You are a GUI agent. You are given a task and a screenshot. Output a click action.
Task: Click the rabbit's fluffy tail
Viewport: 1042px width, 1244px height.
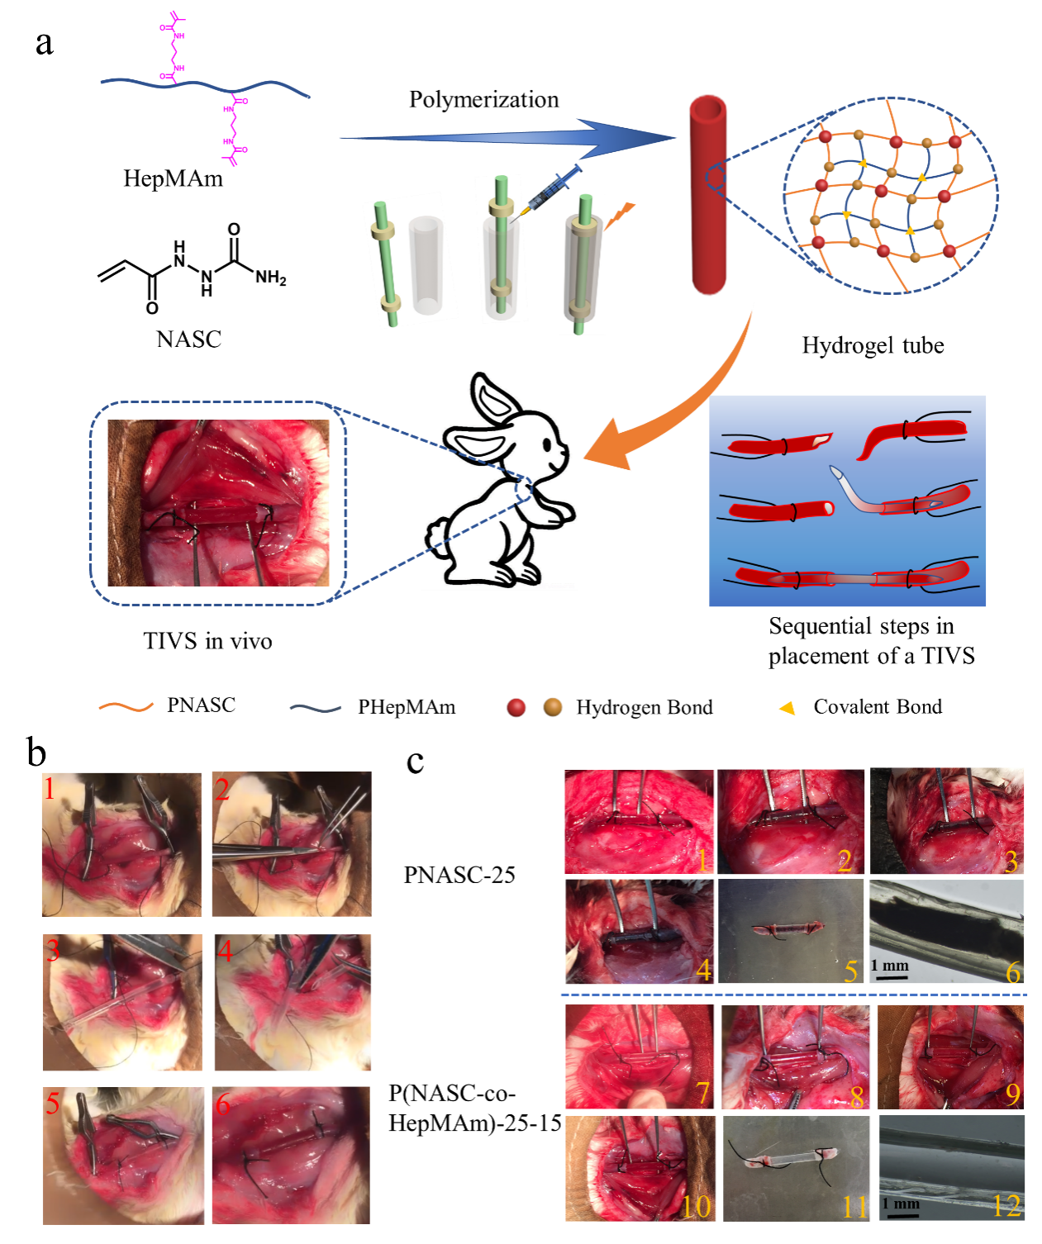[435, 533]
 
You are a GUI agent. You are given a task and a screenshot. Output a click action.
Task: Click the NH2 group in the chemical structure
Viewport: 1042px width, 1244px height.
[270, 278]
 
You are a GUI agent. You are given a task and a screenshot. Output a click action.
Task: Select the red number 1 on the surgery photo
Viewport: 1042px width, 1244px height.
[50, 789]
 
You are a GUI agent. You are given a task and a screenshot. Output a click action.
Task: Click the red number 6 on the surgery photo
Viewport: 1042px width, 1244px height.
[222, 1104]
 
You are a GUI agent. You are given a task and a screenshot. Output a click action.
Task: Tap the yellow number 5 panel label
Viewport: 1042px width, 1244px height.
[851, 971]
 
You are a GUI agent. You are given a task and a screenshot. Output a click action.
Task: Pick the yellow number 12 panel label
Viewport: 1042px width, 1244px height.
[1006, 1206]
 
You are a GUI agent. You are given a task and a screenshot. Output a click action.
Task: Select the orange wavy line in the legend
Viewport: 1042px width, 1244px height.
[126, 707]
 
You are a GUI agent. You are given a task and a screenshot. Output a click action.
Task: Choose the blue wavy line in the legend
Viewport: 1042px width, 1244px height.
[316, 708]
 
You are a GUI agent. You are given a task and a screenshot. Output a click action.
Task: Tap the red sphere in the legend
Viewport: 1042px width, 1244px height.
[516, 708]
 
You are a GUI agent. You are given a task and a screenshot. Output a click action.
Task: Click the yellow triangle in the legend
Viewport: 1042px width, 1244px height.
[787, 709]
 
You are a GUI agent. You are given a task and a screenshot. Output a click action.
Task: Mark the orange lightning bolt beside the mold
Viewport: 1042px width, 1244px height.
[620, 216]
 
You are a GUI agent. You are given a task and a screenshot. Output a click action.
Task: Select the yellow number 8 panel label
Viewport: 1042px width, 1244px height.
[856, 1097]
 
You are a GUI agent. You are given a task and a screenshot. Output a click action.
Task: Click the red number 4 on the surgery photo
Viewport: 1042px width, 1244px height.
[224, 952]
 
